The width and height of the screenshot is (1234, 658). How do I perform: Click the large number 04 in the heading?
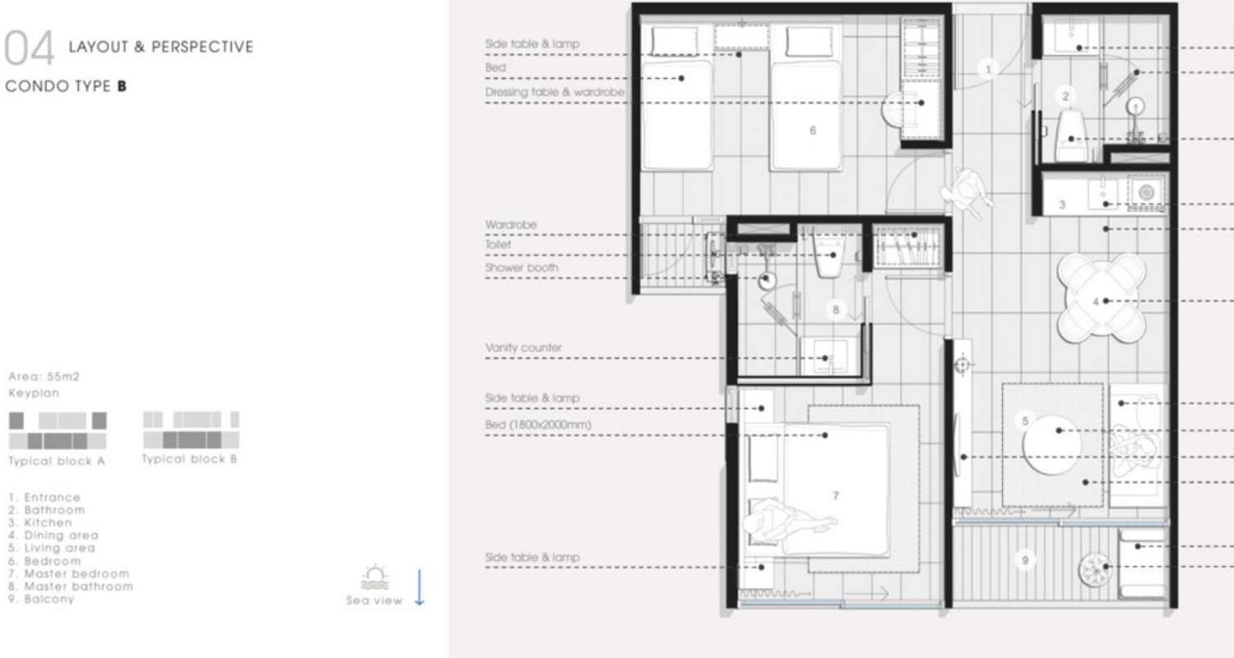(29, 48)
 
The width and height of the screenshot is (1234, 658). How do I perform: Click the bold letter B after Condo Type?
(122, 86)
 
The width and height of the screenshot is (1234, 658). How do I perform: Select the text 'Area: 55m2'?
(44, 377)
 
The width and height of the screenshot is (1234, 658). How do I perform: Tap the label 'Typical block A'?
(57, 461)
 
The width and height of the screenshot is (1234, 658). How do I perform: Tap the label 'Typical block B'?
(189, 459)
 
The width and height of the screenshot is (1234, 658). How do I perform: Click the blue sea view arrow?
(420, 587)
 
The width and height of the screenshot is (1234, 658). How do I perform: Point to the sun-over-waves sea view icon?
(375, 577)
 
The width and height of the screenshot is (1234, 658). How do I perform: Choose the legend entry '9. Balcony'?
(41, 599)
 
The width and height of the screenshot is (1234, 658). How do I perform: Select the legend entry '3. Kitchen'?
(40, 522)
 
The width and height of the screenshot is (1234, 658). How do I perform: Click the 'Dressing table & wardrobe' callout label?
(554, 92)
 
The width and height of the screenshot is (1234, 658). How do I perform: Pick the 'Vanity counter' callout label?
(523, 348)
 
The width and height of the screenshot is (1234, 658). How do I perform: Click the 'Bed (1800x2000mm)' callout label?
(538, 424)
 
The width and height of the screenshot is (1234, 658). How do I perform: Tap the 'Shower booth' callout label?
(521, 267)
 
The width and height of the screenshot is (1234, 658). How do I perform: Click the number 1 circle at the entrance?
(988, 69)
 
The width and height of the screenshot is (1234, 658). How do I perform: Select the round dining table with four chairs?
(1102, 298)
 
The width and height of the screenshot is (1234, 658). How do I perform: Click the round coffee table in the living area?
(1051, 445)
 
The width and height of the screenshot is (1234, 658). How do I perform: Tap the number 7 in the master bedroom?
(836, 496)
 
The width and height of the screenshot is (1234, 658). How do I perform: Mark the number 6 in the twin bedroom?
(813, 131)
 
